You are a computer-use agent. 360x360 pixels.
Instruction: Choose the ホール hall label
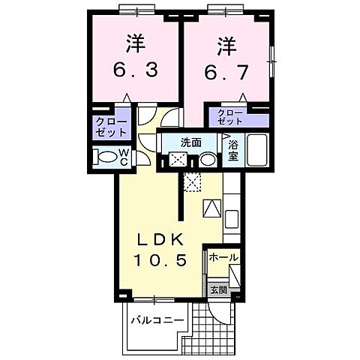click(x=223, y=257)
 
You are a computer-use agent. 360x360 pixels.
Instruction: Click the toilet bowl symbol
click(x=112, y=159)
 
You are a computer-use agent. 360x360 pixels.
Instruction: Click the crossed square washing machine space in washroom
click(x=178, y=160)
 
